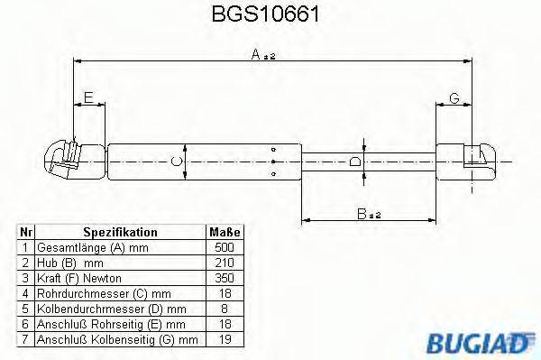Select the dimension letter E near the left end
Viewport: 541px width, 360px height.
pos(87,97)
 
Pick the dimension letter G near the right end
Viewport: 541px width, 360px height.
pos(454,97)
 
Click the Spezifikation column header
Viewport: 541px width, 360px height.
pos(120,232)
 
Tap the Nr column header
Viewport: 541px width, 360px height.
pos(26,232)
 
